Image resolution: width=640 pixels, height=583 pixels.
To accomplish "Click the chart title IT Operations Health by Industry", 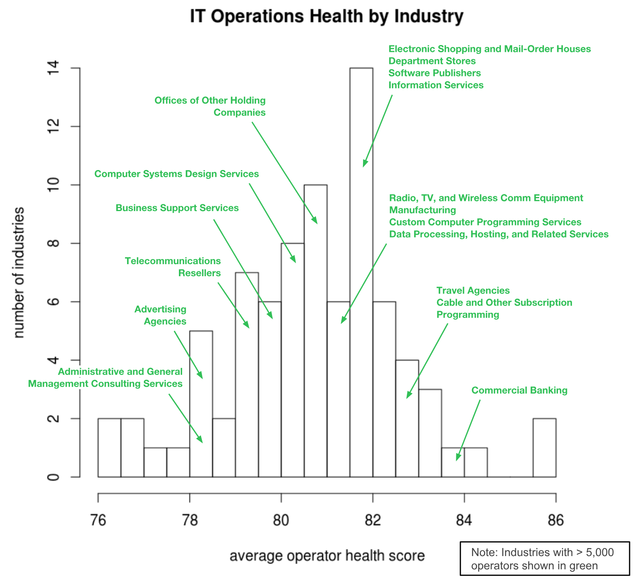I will [x=326, y=17].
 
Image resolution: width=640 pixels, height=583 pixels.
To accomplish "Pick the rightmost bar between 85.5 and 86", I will [x=544, y=448].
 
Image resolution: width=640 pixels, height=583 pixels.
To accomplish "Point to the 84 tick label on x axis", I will [x=464, y=520].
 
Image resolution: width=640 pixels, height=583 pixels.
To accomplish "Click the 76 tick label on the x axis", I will [x=98, y=520].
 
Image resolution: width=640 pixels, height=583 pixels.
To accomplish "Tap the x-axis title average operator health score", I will [x=327, y=556].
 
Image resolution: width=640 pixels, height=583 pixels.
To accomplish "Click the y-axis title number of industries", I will [x=19, y=273].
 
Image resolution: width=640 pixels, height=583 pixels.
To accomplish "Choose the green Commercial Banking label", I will [x=519, y=390].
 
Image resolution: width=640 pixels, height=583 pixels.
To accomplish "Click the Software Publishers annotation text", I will [x=434, y=73].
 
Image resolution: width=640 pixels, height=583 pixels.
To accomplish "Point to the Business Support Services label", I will [x=177, y=208].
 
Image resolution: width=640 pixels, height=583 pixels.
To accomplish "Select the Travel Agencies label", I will [x=473, y=291].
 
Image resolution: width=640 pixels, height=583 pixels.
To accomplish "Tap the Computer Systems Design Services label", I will [x=176, y=174].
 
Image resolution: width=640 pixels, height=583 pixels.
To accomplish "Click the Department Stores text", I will [x=432, y=61].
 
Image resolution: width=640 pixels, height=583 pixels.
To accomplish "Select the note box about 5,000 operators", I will [x=544, y=559].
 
